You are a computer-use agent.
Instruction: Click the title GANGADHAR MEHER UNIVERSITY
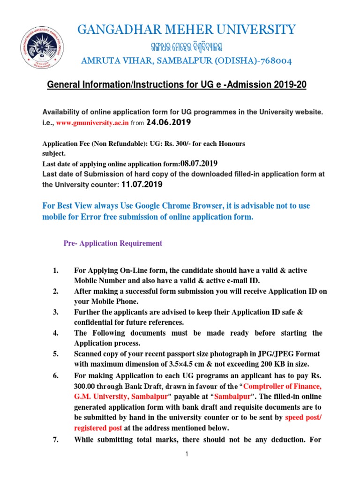click(x=187, y=30)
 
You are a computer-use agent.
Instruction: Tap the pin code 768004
click(x=278, y=61)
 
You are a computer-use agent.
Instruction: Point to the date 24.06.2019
click(x=168, y=122)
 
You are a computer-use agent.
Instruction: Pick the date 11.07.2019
click(x=142, y=185)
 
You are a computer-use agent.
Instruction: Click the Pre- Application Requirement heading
click(x=112, y=243)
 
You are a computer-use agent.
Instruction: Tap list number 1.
click(x=55, y=271)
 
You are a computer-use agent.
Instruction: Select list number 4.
click(x=55, y=333)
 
